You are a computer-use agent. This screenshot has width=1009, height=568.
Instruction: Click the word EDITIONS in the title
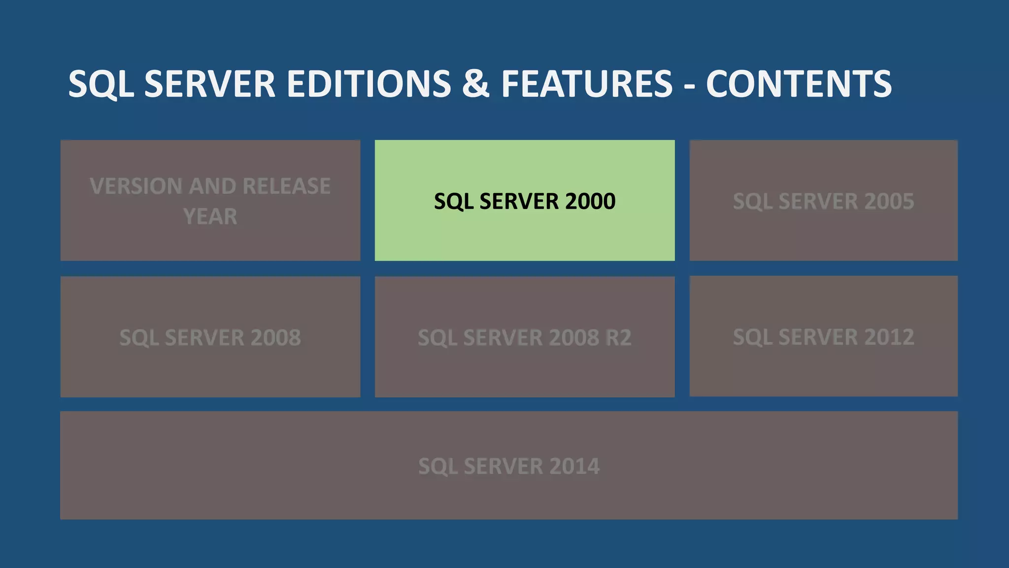click(369, 84)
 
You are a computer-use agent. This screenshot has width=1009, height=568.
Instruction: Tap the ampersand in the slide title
click(475, 84)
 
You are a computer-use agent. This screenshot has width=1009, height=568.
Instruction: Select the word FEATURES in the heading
click(587, 84)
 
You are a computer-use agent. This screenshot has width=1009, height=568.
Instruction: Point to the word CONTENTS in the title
click(799, 84)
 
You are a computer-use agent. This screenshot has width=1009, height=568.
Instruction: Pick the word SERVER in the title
click(210, 84)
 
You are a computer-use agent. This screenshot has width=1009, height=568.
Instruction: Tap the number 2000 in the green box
click(590, 201)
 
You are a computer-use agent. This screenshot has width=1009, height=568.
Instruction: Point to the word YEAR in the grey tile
click(210, 216)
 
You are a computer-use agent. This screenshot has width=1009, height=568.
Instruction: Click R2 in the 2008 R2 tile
click(618, 338)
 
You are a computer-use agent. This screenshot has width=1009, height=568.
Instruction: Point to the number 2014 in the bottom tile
click(574, 466)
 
